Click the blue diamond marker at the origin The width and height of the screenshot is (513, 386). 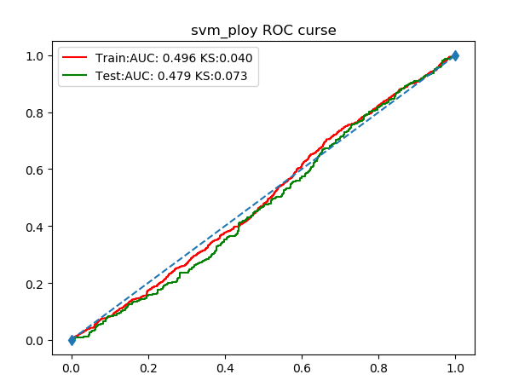72,340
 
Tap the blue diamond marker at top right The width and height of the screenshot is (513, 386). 455,55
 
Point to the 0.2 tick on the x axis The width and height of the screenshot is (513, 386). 148,369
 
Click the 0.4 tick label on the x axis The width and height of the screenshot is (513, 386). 225,369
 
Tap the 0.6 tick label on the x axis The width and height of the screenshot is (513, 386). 302,369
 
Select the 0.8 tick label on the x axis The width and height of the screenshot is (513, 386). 378,369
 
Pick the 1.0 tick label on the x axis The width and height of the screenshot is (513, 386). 455,369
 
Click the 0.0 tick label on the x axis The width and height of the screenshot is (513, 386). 72,369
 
